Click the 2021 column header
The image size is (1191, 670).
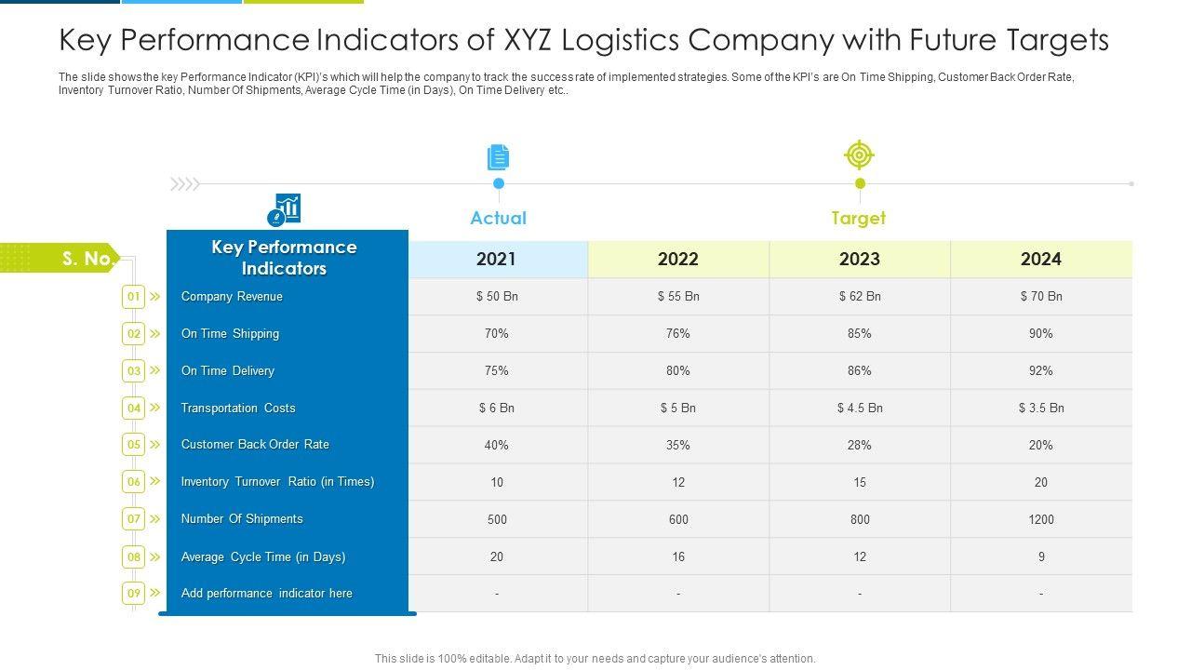pos(496,259)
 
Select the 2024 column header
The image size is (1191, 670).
pos(1040,259)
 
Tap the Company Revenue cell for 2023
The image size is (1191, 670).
pos(860,296)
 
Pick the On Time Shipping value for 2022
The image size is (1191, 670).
pos(678,333)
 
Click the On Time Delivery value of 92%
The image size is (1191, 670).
pos(1040,370)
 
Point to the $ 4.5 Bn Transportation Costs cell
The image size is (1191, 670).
pos(860,408)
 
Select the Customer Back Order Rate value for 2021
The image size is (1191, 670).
pos(496,445)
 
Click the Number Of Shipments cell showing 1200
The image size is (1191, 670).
pos(1040,519)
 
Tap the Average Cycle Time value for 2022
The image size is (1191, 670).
pos(678,556)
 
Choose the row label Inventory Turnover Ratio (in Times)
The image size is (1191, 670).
pos(277,482)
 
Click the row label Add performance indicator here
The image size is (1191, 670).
pos(266,594)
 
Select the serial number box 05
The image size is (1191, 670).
pos(134,445)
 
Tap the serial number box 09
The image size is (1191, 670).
pos(134,594)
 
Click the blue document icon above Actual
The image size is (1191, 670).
pos(499,157)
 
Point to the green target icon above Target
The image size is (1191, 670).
pos(859,154)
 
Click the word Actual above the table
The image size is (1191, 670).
pos(498,218)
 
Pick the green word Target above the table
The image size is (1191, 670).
pos(858,218)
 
